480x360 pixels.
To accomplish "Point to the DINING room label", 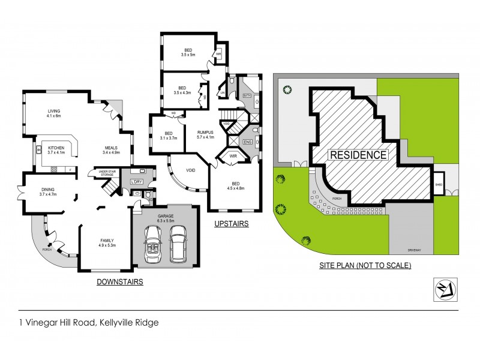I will pyautogui.click(x=47, y=192).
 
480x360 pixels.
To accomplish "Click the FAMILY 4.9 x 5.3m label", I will pyautogui.click(x=107, y=242).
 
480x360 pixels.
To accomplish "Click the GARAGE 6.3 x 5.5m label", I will pyautogui.click(x=165, y=218).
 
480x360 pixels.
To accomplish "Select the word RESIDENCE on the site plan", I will pyautogui.click(x=357, y=155).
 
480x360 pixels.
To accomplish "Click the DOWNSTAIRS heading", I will pyautogui.click(x=121, y=281).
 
